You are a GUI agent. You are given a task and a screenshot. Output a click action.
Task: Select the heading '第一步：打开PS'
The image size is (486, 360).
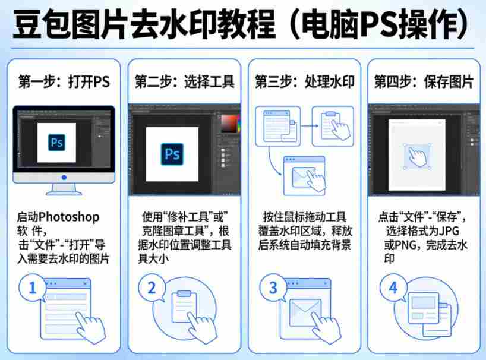click(64, 82)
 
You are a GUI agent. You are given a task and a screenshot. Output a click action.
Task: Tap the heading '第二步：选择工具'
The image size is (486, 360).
click(184, 82)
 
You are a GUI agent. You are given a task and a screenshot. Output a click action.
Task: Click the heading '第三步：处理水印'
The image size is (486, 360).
click(304, 82)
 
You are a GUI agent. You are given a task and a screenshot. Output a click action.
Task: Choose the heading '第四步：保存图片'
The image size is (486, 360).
click(424, 82)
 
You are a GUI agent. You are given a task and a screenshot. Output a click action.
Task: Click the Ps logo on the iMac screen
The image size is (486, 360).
click(57, 143)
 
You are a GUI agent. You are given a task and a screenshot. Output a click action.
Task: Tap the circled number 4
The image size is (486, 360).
click(393, 289)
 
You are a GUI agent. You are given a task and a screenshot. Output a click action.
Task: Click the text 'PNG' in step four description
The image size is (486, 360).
click(405, 245)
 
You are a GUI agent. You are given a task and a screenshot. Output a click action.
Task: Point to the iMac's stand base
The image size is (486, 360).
click(64, 192)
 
